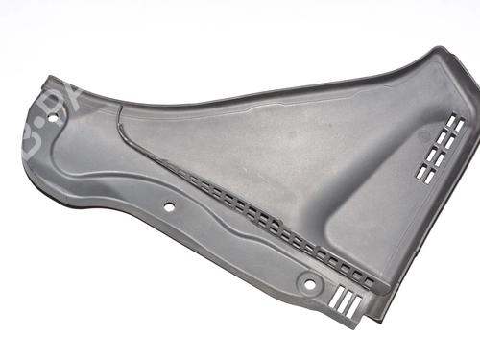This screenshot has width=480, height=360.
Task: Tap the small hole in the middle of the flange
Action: click(x=169, y=205)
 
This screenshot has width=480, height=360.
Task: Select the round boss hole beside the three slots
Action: click(x=309, y=283)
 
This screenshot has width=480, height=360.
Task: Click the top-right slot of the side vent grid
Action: click(x=458, y=124)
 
